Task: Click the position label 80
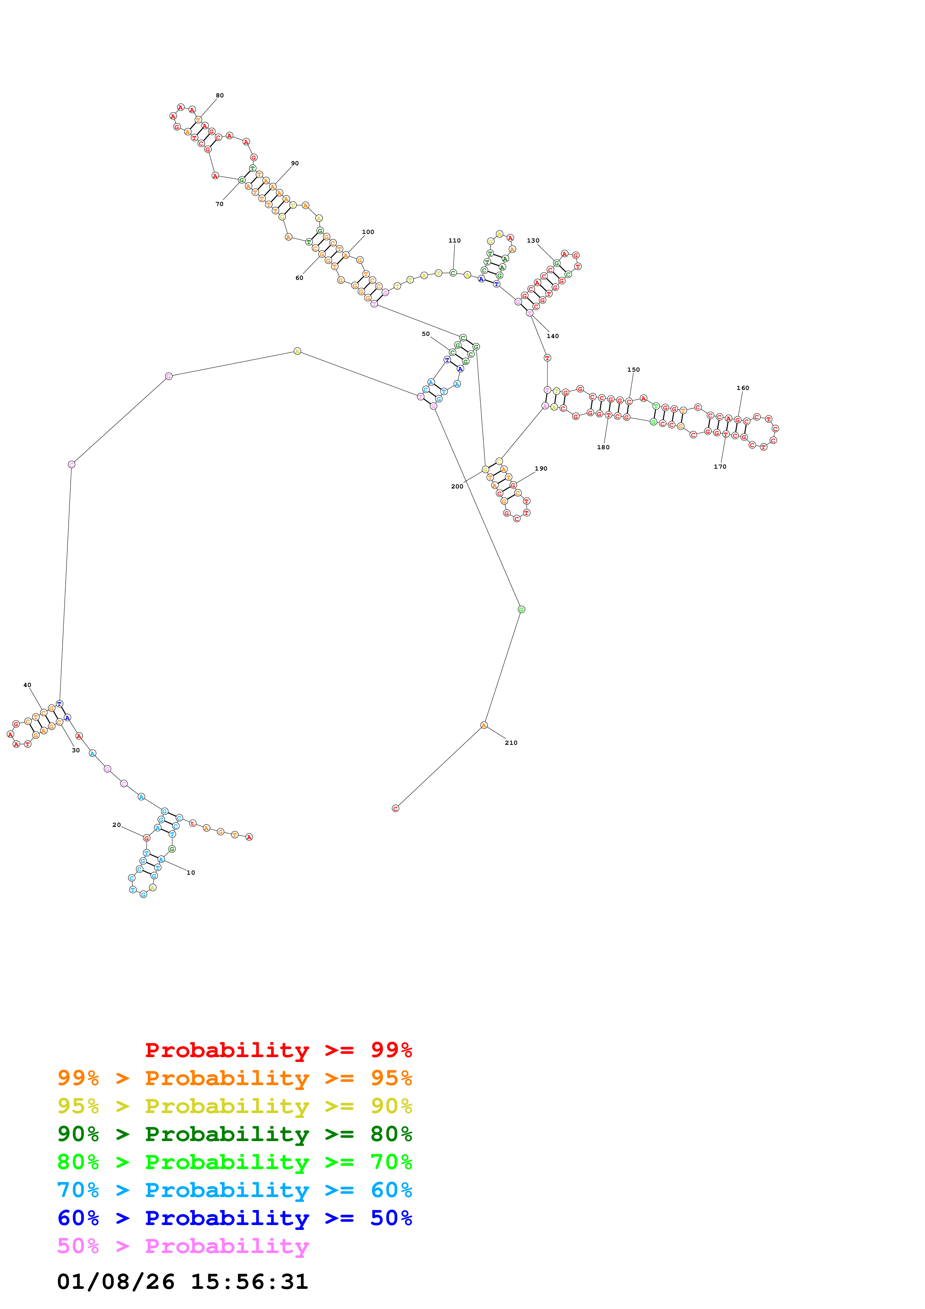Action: click(219, 95)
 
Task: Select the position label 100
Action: click(368, 232)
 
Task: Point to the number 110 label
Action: click(454, 241)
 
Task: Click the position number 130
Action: click(533, 241)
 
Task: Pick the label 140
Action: click(553, 336)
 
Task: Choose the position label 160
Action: click(743, 388)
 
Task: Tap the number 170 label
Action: click(720, 467)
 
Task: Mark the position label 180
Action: click(603, 447)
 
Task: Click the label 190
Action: click(541, 469)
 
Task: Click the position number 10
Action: click(191, 873)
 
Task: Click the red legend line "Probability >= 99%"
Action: click(279, 1050)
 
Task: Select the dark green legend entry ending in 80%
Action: click(235, 1134)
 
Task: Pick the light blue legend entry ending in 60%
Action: click(235, 1190)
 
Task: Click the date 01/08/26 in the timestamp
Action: click(116, 1282)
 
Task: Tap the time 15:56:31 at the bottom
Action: click(249, 1282)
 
